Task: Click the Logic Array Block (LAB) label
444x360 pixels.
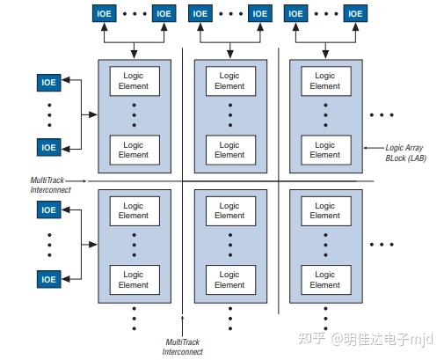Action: [x=407, y=153]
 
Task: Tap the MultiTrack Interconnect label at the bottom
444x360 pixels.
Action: [x=183, y=346]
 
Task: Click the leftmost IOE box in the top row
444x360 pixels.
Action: [x=104, y=13]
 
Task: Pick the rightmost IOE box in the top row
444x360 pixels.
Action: [x=355, y=13]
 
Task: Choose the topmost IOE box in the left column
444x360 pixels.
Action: [x=48, y=83]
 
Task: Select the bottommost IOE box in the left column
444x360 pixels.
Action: [x=48, y=279]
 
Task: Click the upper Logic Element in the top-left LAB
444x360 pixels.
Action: [x=134, y=81]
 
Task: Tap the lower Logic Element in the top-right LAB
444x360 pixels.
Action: [x=324, y=150]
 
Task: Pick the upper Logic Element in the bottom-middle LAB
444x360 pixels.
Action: [x=229, y=210]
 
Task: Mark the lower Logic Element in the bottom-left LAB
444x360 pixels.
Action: [x=134, y=280]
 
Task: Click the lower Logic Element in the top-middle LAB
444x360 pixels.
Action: [x=229, y=150]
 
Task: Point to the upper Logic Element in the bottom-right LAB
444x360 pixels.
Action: [x=324, y=210]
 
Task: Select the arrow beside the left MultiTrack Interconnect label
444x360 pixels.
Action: [x=82, y=180]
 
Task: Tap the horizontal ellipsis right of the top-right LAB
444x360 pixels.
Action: [x=382, y=115]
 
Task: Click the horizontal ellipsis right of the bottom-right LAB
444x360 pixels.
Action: [x=382, y=244]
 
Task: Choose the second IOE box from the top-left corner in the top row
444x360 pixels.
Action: [x=163, y=13]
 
